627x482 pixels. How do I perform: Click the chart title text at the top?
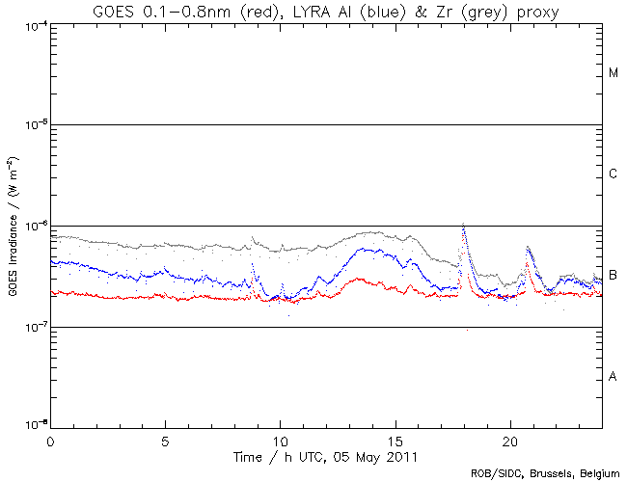[313, 11]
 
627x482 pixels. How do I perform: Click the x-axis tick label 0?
[50, 439]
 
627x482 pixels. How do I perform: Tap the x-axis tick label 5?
[165, 439]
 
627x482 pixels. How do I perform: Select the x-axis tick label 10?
[280, 439]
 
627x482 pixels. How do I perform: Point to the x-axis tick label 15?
[395, 439]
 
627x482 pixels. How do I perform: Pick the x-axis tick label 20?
[509, 439]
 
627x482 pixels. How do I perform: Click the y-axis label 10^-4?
[33, 25]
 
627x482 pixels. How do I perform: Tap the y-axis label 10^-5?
[33, 125]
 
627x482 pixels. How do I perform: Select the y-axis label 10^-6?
[33, 227]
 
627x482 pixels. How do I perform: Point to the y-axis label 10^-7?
[33, 328]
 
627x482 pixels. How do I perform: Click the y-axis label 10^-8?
[33, 425]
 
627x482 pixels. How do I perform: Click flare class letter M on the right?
[613, 73]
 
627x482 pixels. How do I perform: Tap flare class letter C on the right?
[613, 174]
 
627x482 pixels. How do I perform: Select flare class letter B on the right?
[613, 276]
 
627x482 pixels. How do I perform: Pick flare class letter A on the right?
[613, 376]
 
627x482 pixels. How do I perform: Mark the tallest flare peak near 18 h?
[464, 224]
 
